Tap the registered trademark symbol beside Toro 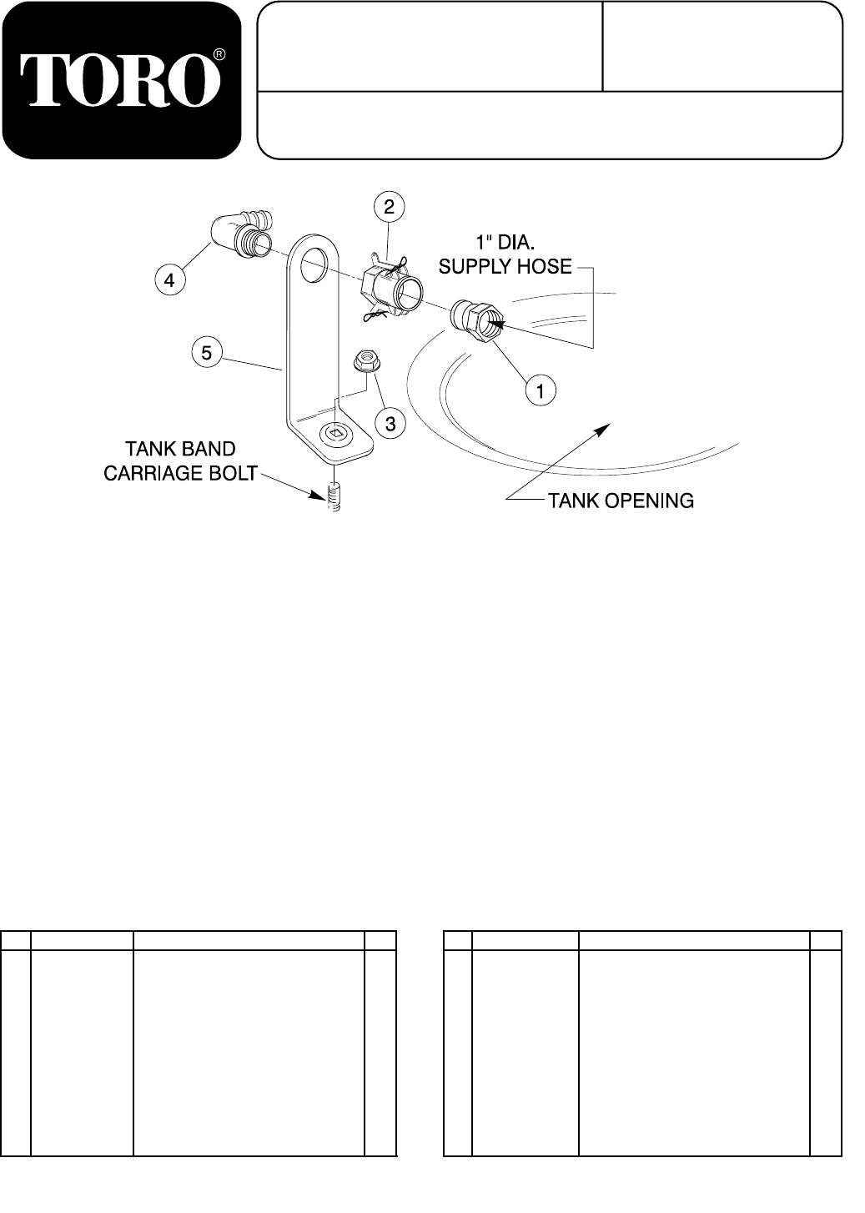(x=219, y=55)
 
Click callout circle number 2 (x=389, y=204)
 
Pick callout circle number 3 (x=390, y=424)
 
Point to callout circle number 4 (x=169, y=281)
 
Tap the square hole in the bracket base (x=334, y=434)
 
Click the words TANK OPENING (x=621, y=501)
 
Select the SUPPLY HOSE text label (x=505, y=267)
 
